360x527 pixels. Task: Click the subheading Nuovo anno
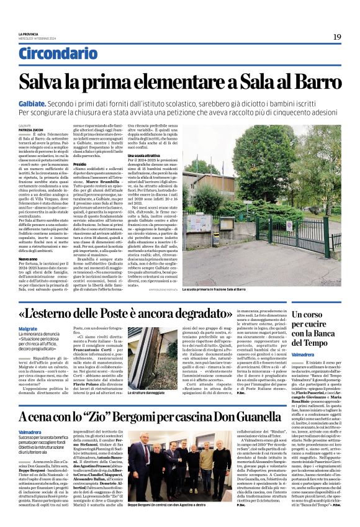click(27, 258)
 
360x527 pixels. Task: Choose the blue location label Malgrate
click(28, 330)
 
